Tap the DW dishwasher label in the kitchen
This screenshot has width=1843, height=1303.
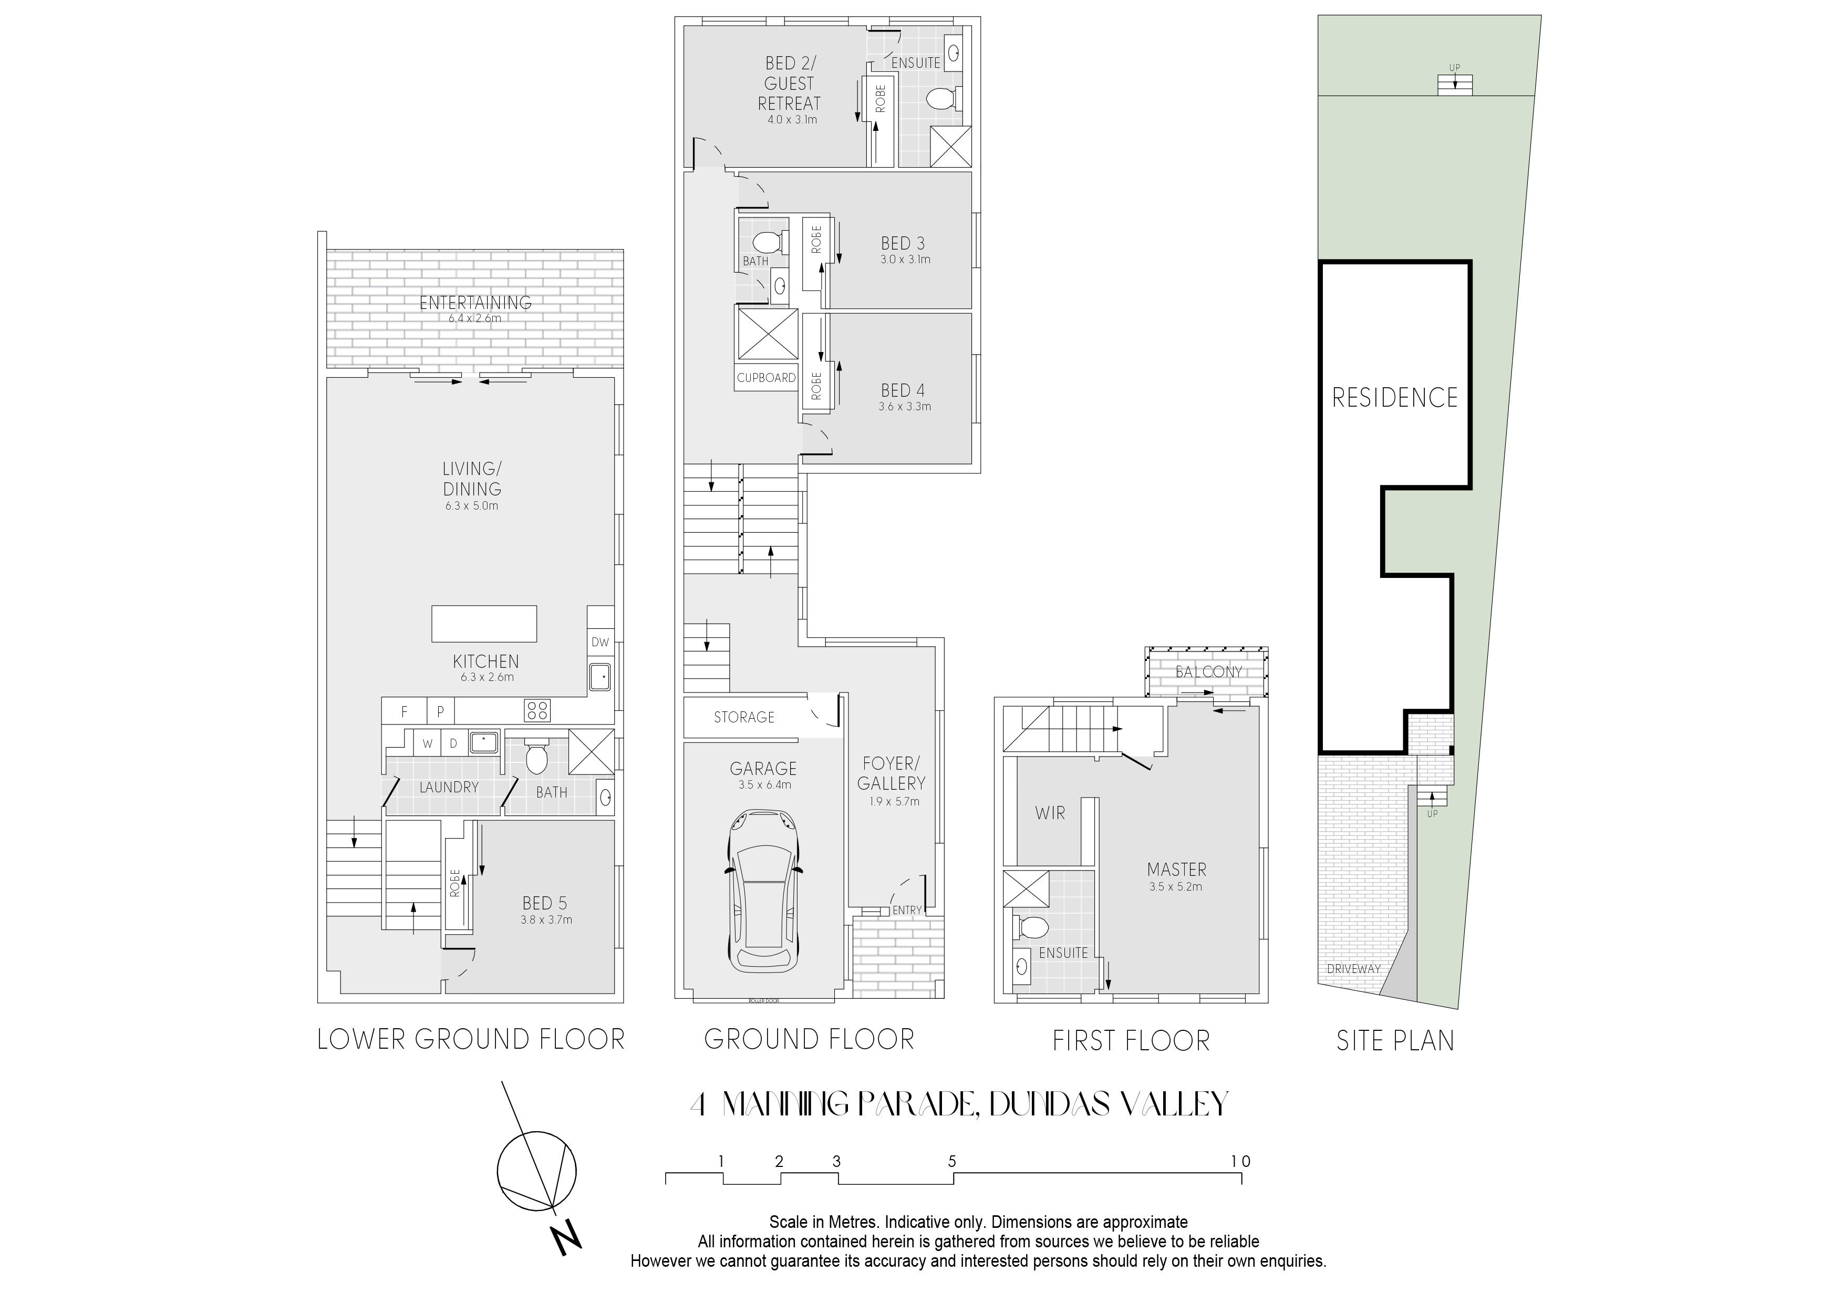point(600,642)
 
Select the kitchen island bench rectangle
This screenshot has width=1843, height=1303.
point(484,624)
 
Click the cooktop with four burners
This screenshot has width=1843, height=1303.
point(537,710)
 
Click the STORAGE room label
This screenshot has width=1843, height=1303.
point(744,717)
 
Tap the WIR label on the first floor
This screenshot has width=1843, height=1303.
point(1050,813)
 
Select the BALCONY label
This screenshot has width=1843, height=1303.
point(1209,671)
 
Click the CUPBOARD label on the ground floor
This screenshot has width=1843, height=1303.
point(766,377)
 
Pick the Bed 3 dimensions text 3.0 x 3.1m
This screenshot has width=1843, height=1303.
point(905,260)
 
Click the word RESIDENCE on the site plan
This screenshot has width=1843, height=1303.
point(1395,397)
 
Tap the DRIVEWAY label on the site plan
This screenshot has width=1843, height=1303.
point(1353,969)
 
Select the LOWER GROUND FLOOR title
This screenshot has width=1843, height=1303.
point(471,1040)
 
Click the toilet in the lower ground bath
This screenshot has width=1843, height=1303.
point(535,756)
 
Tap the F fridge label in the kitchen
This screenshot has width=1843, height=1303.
point(405,711)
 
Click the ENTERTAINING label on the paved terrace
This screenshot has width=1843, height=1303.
point(475,303)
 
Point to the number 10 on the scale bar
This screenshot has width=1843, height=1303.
point(1240,1161)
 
